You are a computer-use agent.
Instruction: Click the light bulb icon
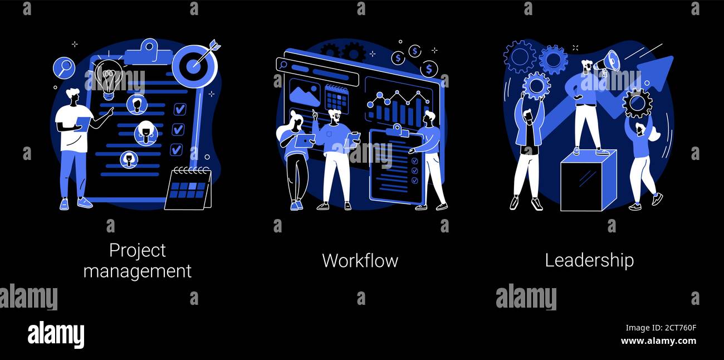(x=108, y=77)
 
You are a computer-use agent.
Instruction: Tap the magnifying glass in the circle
(x=63, y=68)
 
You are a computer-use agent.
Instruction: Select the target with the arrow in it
(x=194, y=66)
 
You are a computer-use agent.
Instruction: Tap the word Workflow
(x=360, y=260)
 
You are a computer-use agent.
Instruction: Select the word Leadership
(x=589, y=260)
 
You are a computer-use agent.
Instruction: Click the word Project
(x=137, y=250)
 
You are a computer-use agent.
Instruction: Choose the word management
(x=137, y=271)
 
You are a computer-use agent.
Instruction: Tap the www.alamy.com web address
(x=658, y=341)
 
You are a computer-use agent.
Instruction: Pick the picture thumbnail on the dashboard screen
(x=304, y=93)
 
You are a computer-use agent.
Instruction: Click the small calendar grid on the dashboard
(x=336, y=99)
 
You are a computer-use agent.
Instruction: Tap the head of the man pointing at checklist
(x=73, y=96)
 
